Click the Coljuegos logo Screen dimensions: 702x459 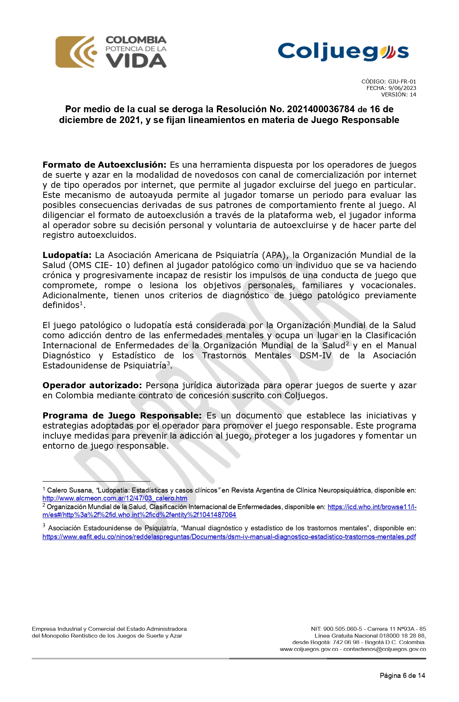coord(343,52)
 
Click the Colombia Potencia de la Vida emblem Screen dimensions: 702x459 coord(111,52)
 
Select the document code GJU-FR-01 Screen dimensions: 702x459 coord(402,82)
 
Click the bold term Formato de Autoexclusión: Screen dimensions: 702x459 coord(104,165)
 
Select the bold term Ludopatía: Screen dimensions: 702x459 coord(67,255)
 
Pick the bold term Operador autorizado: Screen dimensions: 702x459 coord(92,385)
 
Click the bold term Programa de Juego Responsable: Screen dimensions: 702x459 coord(122,416)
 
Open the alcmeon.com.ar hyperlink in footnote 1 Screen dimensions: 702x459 coord(115,498)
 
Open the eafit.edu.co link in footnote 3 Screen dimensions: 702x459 coord(229,537)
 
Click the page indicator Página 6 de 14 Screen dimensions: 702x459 coord(402,675)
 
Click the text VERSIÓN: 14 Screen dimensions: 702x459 coord(399,95)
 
